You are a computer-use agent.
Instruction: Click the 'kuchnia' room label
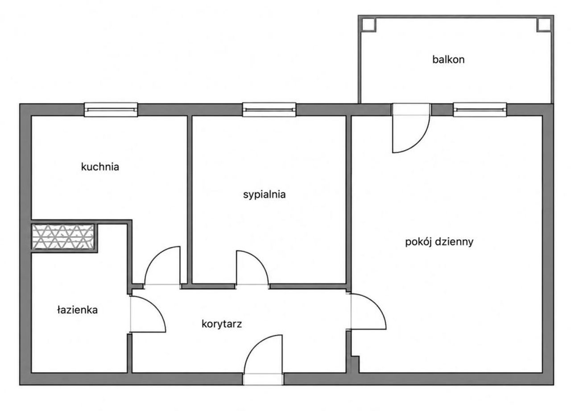click(x=100, y=167)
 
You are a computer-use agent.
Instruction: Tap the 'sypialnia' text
click(x=264, y=195)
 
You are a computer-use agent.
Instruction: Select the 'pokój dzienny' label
click(x=439, y=242)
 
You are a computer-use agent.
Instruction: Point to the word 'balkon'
click(x=448, y=60)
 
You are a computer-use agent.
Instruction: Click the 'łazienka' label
click(x=77, y=310)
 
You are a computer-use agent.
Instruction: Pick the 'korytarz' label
click(x=222, y=324)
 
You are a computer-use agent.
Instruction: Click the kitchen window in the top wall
click(x=111, y=110)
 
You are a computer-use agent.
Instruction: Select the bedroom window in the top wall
click(x=269, y=110)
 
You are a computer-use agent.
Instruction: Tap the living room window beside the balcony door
click(x=480, y=110)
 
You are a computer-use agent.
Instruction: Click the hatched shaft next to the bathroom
click(x=63, y=237)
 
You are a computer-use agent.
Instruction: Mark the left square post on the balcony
click(x=369, y=25)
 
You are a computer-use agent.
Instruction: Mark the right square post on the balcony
click(x=544, y=25)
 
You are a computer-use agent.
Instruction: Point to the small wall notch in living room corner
click(x=355, y=365)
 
